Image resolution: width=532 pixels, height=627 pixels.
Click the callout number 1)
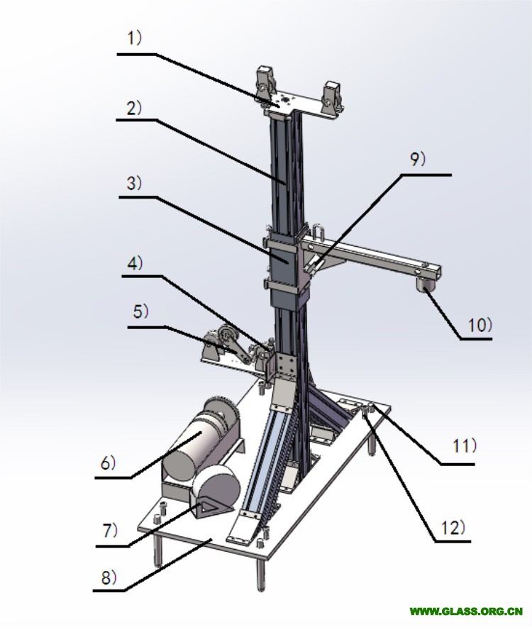point(134,38)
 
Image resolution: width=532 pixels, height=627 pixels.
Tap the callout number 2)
point(134,108)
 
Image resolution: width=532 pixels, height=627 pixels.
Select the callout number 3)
point(134,183)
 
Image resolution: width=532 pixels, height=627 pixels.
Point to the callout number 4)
point(135,263)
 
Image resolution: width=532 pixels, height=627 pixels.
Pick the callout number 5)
point(140,311)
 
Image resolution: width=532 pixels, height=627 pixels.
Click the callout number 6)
point(108,463)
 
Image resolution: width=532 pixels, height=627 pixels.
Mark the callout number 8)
point(109,577)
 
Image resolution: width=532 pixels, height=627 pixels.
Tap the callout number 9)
point(418,159)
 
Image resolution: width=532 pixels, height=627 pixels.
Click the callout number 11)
point(465,446)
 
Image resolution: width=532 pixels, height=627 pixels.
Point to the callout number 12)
point(453,528)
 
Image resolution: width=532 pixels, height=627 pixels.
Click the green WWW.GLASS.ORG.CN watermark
point(466,611)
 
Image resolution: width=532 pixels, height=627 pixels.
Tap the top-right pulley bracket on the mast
point(333,96)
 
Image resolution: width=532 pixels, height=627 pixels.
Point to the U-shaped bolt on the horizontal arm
point(319,233)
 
